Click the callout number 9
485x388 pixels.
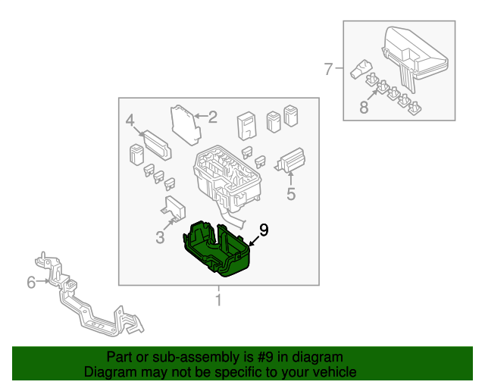coord(263,230)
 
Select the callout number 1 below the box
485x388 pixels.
coord(219,301)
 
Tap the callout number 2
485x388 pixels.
coord(212,117)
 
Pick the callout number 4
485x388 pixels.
coord(290,194)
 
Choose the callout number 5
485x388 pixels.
coord(31,283)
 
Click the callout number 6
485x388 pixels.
coord(328,70)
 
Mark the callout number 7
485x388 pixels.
coord(364,108)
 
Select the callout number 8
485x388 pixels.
coord(364,108)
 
